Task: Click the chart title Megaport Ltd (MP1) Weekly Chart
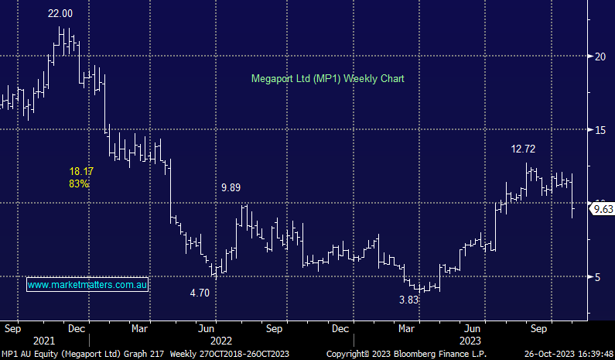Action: click(327, 79)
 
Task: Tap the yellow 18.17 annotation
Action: click(82, 170)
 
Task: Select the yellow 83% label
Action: click(79, 183)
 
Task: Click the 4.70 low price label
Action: click(200, 293)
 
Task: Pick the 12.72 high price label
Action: click(523, 149)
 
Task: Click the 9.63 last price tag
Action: click(603, 210)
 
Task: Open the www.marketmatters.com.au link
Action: click(88, 286)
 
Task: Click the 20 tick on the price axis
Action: click(600, 56)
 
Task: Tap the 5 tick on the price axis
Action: click(597, 276)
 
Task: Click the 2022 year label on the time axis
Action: click(220, 341)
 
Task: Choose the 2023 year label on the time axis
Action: click(471, 341)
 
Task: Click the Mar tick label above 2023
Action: click(405, 328)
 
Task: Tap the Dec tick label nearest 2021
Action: click(76, 328)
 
